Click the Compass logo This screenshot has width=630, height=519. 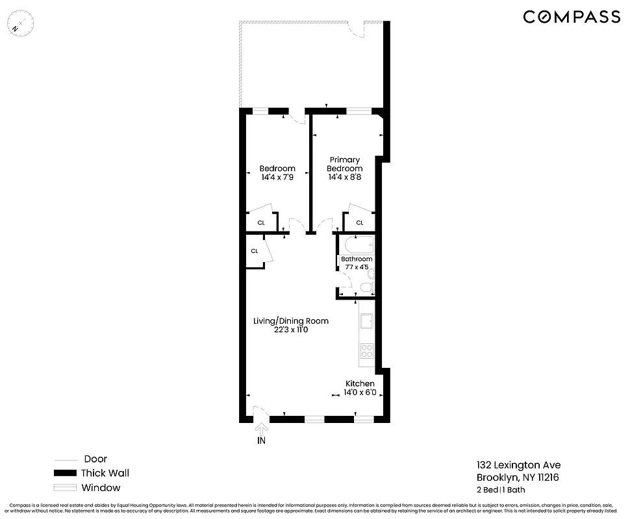tap(572, 18)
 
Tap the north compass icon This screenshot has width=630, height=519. tap(22, 24)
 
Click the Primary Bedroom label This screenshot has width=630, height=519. tap(345, 164)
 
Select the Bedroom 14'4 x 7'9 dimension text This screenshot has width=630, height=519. tap(277, 177)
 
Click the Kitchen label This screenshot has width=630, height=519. tap(360, 383)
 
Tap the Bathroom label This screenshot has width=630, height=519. tap(357, 259)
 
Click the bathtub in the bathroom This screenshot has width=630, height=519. tap(359, 245)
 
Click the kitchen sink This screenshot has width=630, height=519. tap(367, 321)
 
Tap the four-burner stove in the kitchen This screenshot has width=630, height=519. tap(367, 351)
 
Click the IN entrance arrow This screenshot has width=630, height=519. tap(261, 434)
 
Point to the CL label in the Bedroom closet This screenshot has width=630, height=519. tap(261, 223)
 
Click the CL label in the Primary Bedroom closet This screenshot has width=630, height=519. tap(359, 223)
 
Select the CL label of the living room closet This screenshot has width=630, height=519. tap(255, 251)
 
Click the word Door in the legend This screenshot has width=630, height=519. tap(95, 459)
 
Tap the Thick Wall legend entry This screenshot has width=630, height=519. tap(105, 473)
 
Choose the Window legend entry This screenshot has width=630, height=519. tap(101, 488)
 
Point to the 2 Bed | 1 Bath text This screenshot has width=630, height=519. tap(501, 490)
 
